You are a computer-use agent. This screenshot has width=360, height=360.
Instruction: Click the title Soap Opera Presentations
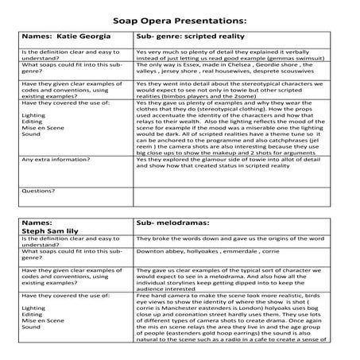pos(180,17)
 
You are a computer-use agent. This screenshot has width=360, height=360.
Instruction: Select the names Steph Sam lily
pos(52,233)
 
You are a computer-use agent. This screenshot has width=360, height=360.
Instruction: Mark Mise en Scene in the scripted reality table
pos(43,127)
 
